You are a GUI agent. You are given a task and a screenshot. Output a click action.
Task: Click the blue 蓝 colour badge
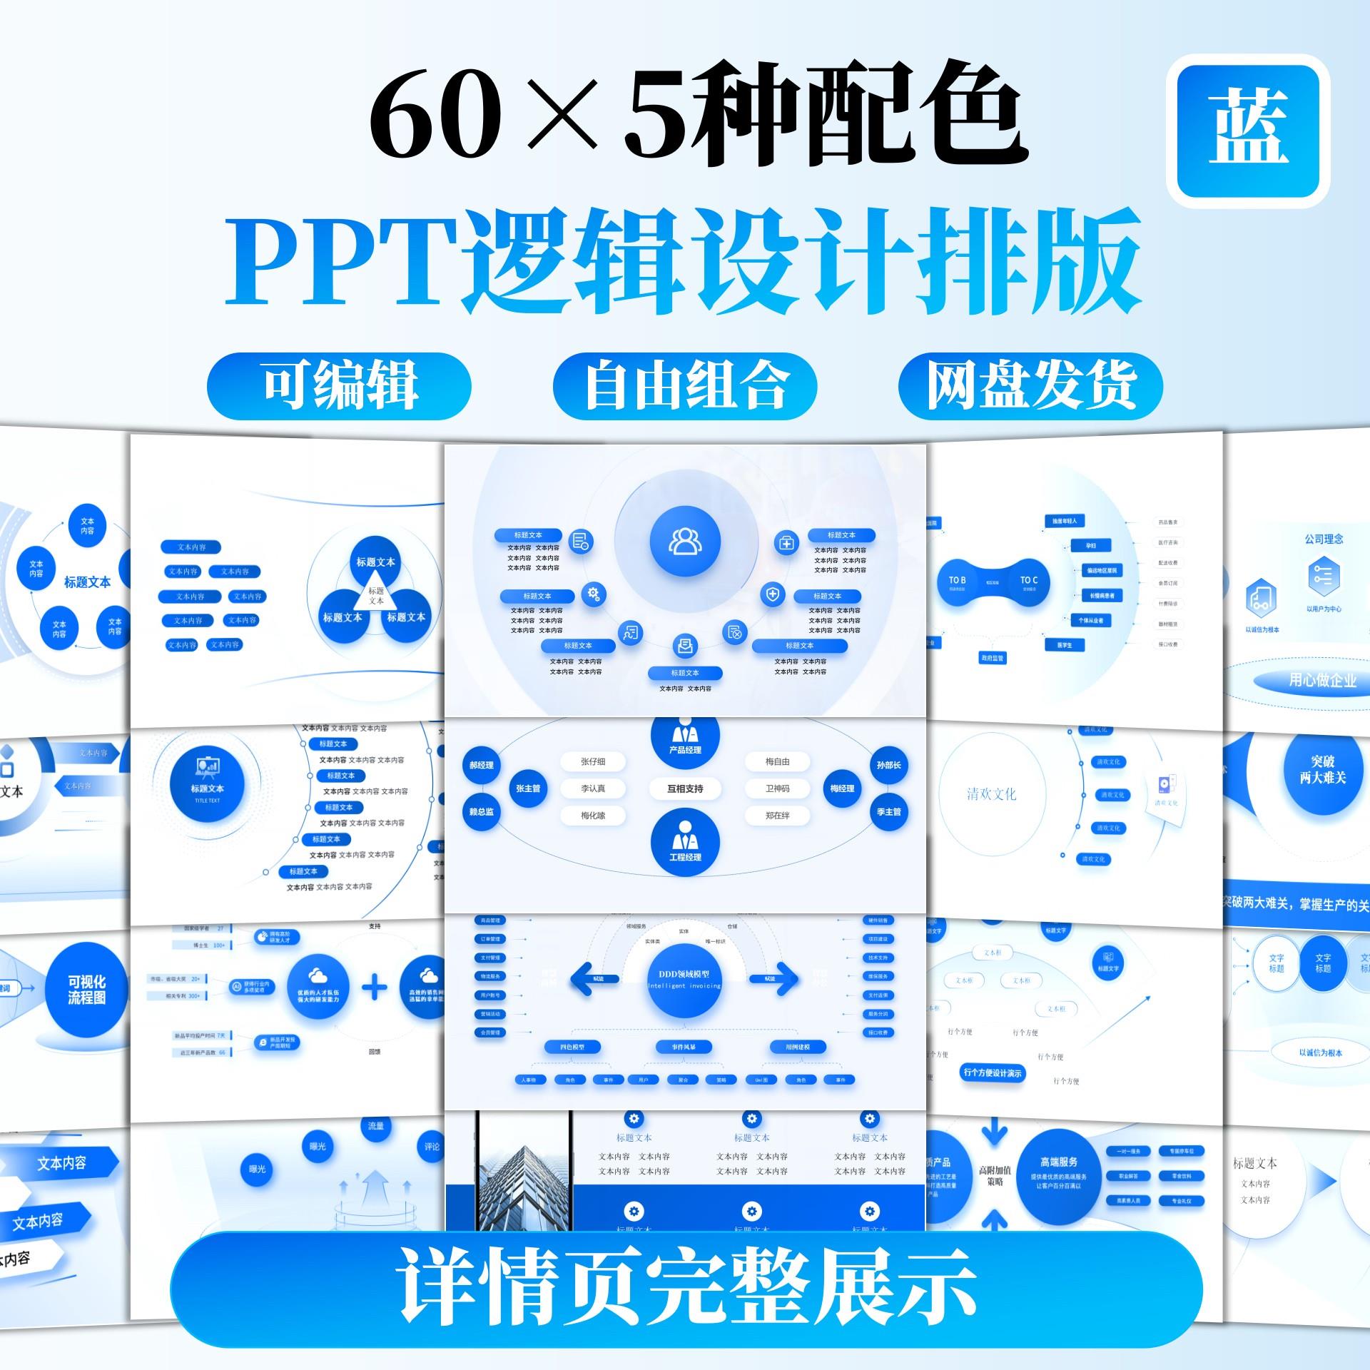click(1247, 131)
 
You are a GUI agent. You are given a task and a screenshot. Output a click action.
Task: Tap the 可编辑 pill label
click(340, 386)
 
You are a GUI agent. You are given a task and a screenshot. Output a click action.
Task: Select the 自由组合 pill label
click(685, 386)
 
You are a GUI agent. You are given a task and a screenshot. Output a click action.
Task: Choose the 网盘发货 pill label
click(1030, 386)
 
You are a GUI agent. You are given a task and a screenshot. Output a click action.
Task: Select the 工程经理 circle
click(685, 843)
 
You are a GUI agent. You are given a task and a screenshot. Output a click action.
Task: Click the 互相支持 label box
click(685, 788)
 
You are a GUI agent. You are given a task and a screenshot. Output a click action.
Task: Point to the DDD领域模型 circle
click(685, 979)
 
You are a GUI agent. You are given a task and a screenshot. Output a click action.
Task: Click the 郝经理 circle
click(482, 765)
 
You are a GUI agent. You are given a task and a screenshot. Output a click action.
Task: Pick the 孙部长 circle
click(888, 765)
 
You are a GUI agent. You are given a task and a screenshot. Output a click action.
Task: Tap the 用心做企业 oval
click(1322, 681)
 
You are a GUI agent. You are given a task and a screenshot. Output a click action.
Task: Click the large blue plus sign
click(375, 988)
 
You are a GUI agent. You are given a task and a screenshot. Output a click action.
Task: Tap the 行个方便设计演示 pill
click(993, 1072)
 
